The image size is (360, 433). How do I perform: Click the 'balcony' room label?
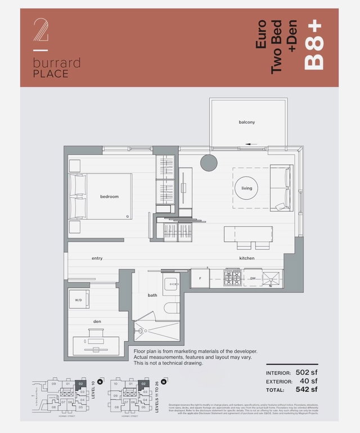pyautogui.click(x=246, y=122)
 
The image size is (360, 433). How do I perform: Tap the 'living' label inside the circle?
pyautogui.click(x=247, y=188)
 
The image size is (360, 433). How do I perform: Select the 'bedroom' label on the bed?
pyautogui.click(x=109, y=197)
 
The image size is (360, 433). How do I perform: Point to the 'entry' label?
pyautogui.click(x=97, y=258)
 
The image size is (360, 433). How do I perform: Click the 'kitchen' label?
pyautogui.click(x=246, y=258)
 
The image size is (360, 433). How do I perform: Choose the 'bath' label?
pyautogui.click(x=152, y=295)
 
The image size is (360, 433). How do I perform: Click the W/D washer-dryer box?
pyautogui.click(x=79, y=299)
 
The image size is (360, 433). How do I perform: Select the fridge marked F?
pyautogui.click(x=200, y=278)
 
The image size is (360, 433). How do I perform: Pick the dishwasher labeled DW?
pyautogui.click(x=253, y=278)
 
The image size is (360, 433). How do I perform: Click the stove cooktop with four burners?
pyautogui.click(x=233, y=278)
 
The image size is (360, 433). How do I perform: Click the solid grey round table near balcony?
pyautogui.click(x=209, y=163)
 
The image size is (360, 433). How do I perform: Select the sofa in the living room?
pyautogui.click(x=281, y=188)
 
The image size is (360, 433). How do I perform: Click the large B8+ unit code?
pyautogui.click(x=315, y=52)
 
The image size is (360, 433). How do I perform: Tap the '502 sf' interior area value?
pyautogui.click(x=306, y=373)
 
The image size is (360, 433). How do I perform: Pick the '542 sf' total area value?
pyautogui.click(x=306, y=389)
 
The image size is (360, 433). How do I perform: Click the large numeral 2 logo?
pyautogui.click(x=40, y=31)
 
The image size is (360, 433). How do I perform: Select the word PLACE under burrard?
pyautogui.click(x=50, y=74)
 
